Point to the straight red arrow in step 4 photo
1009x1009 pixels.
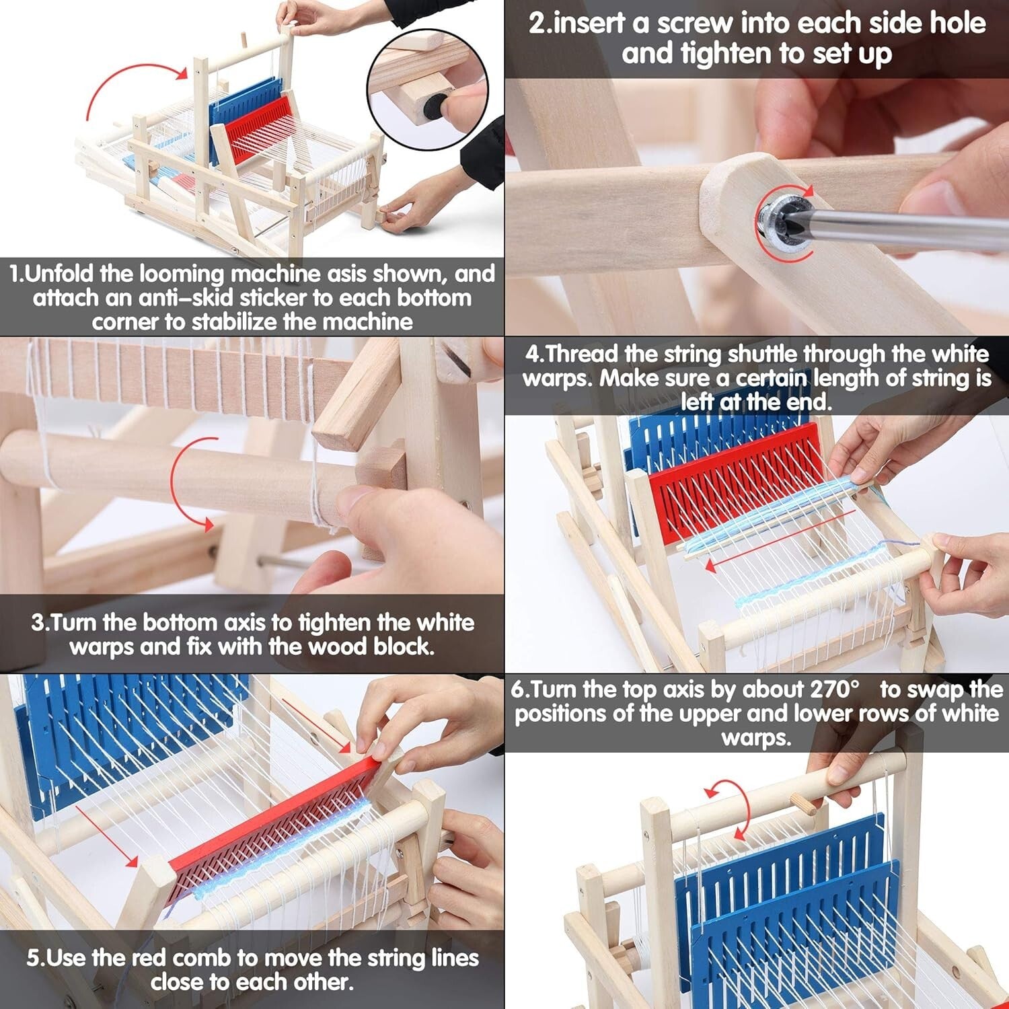point(780,538)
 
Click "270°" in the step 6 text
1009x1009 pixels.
point(834,689)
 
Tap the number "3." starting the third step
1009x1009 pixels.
point(39,623)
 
